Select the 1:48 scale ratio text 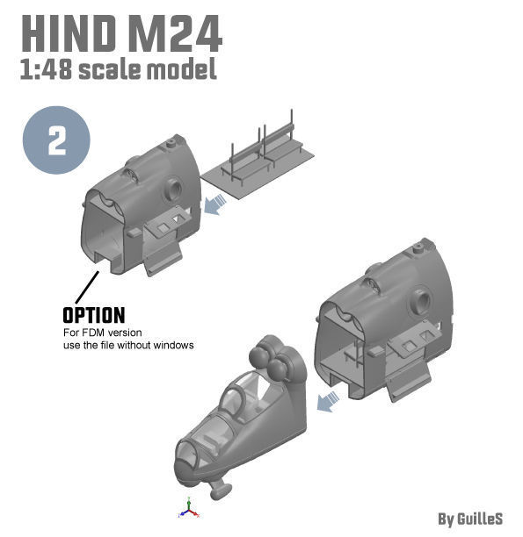45,70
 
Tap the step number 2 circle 57,140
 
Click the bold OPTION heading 93,315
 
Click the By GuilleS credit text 470,519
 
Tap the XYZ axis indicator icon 187,507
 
